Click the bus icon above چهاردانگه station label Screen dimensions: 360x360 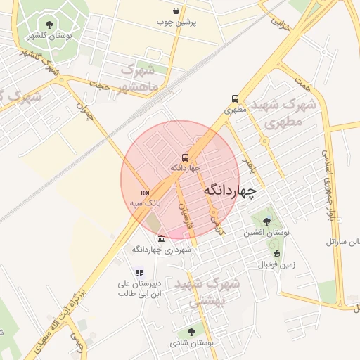tap(185, 157)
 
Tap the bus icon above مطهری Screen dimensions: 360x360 tap(235, 99)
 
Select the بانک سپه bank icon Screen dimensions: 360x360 tap(145, 192)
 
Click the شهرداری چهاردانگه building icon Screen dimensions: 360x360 tap(162, 238)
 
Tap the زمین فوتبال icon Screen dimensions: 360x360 tap(276, 254)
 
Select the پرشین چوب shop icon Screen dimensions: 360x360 tap(176, 11)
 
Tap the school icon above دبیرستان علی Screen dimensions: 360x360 tap(139, 273)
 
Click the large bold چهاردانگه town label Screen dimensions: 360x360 tap(231, 190)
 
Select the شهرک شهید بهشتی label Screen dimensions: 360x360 tap(210, 293)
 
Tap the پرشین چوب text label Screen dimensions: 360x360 tap(176, 22)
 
